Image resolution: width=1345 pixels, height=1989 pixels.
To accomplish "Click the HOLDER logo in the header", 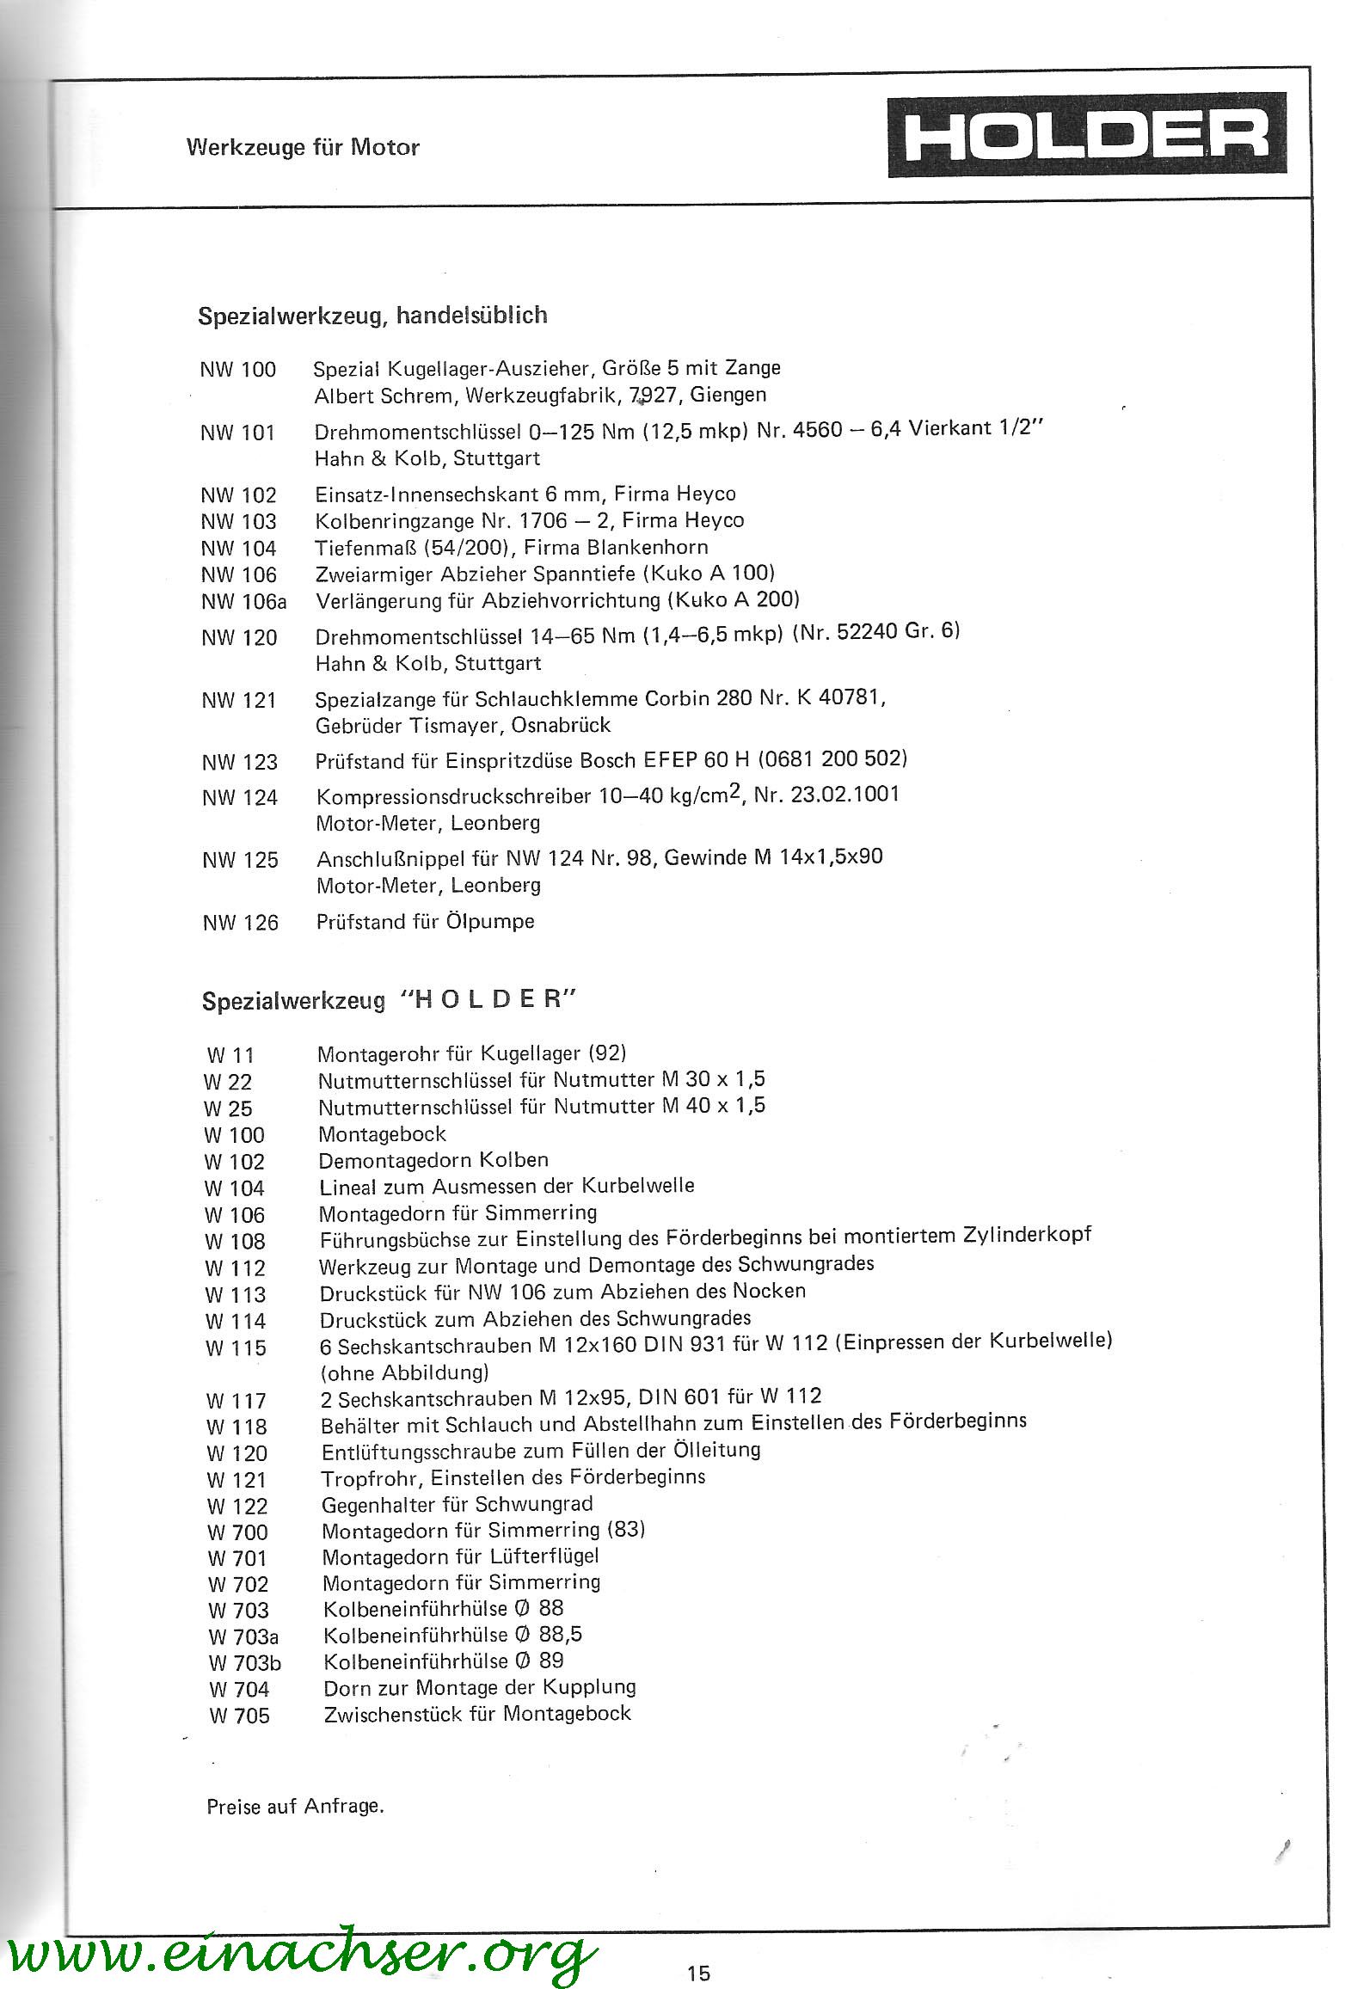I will click(1087, 134).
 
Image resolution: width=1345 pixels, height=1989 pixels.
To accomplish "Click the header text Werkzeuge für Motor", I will click(303, 147).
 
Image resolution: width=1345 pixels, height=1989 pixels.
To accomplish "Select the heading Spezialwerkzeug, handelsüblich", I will click(372, 316).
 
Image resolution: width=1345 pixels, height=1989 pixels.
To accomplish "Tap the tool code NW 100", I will click(237, 370).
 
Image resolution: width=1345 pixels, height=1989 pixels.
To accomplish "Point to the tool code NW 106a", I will click(243, 601).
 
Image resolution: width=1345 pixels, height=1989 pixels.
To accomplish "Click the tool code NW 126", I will click(241, 923).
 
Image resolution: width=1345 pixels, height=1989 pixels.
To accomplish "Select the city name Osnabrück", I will click(561, 725).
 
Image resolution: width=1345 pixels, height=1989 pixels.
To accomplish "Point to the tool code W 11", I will click(230, 1054).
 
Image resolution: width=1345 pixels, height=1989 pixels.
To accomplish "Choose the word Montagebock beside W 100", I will click(382, 1133).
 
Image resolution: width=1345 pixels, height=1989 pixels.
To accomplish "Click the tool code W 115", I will click(236, 1347).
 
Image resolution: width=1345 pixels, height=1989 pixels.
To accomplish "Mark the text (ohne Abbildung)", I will click(404, 1372).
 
